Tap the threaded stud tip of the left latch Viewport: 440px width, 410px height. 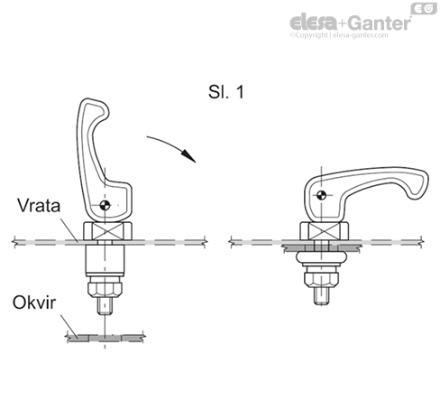[x=104, y=307]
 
